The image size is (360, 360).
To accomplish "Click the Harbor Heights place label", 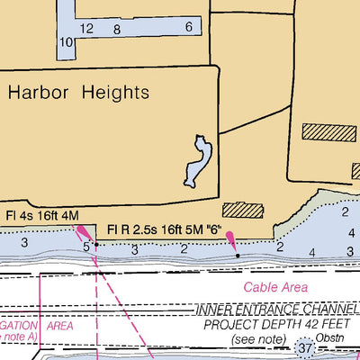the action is coord(79,92).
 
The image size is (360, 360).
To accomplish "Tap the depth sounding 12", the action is coord(86,29).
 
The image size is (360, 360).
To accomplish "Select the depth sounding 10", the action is coord(66,42).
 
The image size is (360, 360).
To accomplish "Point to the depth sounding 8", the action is coord(117,29).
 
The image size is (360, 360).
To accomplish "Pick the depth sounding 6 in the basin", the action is coord(189,27).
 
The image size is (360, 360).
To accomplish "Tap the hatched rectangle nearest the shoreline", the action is coord(242,211).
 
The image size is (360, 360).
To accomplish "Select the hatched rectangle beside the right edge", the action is coord(328,132).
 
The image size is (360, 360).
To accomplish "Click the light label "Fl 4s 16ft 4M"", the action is coord(41,216).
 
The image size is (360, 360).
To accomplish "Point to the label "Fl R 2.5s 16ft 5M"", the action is coord(148,231).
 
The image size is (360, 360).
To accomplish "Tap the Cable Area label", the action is coord(275,288).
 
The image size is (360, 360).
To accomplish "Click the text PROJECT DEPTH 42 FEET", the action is coord(274,324).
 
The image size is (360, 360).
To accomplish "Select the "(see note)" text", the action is coord(256,338).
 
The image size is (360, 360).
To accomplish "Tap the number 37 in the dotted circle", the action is coord(308,347).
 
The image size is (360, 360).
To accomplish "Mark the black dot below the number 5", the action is coord(96,244).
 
